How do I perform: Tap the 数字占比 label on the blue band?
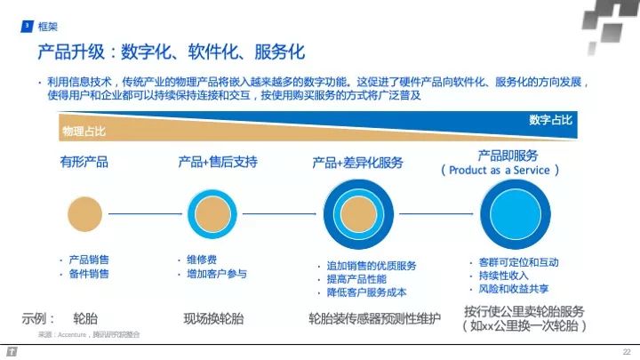click(x=550, y=119)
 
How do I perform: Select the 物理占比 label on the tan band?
click(x=84, y=131)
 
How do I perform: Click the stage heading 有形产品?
click(x=84, y=162)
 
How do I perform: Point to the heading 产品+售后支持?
click(x=218, y=162)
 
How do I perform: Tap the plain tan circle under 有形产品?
click(x=86, y=214)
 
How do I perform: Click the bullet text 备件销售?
click(x=89, y=274)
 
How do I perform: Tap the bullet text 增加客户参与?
click(x=217, y=274)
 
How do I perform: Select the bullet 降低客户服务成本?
click(x=366, y=292)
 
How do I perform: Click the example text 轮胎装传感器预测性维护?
click(x=374, y=318)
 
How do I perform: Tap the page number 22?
click(x=627, y=351)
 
